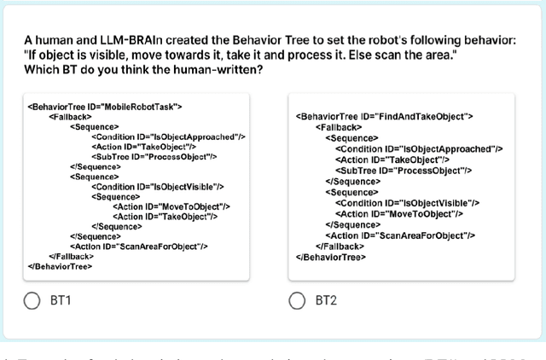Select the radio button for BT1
click(x=32, y=300)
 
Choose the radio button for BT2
click(x=297, y=300)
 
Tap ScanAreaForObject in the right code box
click(x=400, y=235)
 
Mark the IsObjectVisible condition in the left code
click(x=157, y=187)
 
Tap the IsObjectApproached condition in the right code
click(x=418, y=148)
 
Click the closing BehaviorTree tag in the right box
click(x=331, y=257)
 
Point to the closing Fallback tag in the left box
click(x=71, y=256)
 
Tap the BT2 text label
click(x=327, y=300)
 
